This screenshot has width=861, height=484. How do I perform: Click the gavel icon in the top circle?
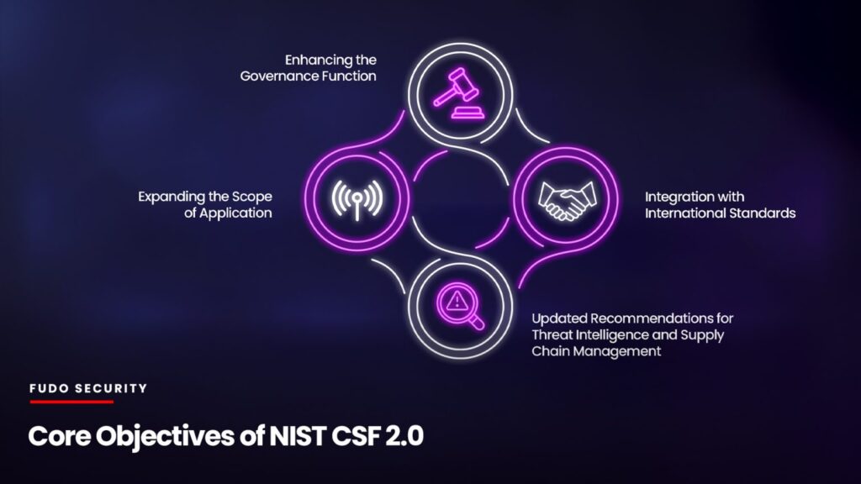point(459,92)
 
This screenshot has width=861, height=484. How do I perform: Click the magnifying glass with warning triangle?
point(461,306)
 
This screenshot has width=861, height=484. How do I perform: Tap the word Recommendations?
point(652,318)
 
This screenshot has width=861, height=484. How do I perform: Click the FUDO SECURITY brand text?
point(88,388)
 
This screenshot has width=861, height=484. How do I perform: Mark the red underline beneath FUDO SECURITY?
point(72,402)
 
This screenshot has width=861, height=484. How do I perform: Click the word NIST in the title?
point(297,436)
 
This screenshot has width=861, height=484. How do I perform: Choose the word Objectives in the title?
point(166,437)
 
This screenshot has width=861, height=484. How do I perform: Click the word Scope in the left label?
point(251,197)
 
